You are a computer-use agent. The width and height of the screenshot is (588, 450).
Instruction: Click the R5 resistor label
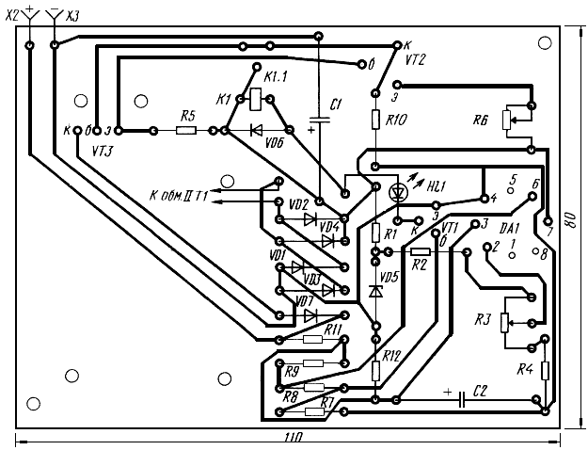tap(188, 116)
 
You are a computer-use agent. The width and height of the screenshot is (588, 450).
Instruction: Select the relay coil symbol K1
tap(256, 99)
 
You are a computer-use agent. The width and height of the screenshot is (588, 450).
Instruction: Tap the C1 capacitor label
tap(335, 104)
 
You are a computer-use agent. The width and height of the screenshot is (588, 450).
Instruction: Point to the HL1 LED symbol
tap(399, 193)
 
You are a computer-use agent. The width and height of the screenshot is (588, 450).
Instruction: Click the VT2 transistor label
tap(415, 60)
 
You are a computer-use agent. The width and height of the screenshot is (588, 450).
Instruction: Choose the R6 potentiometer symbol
tap(507, 120)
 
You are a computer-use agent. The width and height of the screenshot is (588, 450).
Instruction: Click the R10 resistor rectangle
tap(375, 120)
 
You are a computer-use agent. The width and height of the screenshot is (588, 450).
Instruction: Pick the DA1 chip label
tap(510, 228)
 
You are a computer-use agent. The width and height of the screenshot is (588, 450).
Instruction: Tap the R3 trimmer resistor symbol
tap(505, 323)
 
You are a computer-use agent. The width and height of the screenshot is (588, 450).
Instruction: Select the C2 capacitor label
tap(480, 391)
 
